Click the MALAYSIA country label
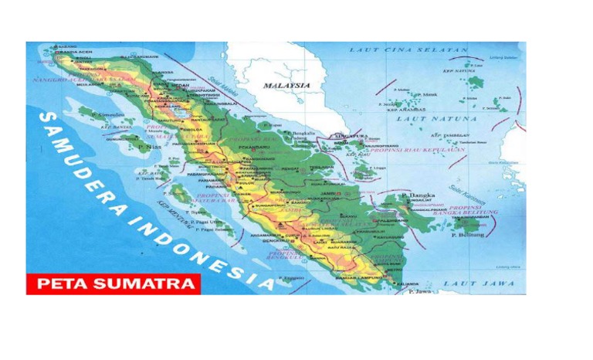286,86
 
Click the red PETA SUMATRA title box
113,284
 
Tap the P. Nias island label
146,146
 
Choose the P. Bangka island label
418,195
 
